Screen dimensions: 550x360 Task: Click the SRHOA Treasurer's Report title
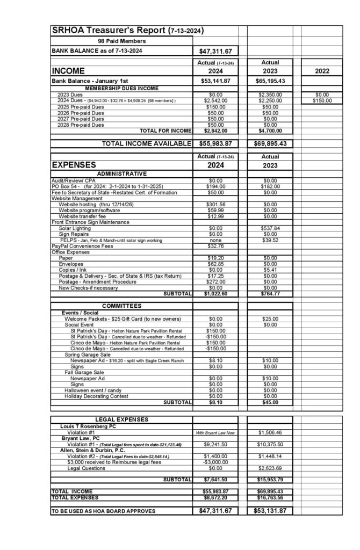(x=127, y=31)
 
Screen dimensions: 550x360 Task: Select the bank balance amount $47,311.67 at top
(x=215, y=51)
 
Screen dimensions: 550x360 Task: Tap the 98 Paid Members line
(x=121, y=41)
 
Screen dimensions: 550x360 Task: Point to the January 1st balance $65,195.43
(x=269, y=81)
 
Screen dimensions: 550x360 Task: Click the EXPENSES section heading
(x=74, y=164)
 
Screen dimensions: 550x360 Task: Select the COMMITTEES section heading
(x=122, y=306)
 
